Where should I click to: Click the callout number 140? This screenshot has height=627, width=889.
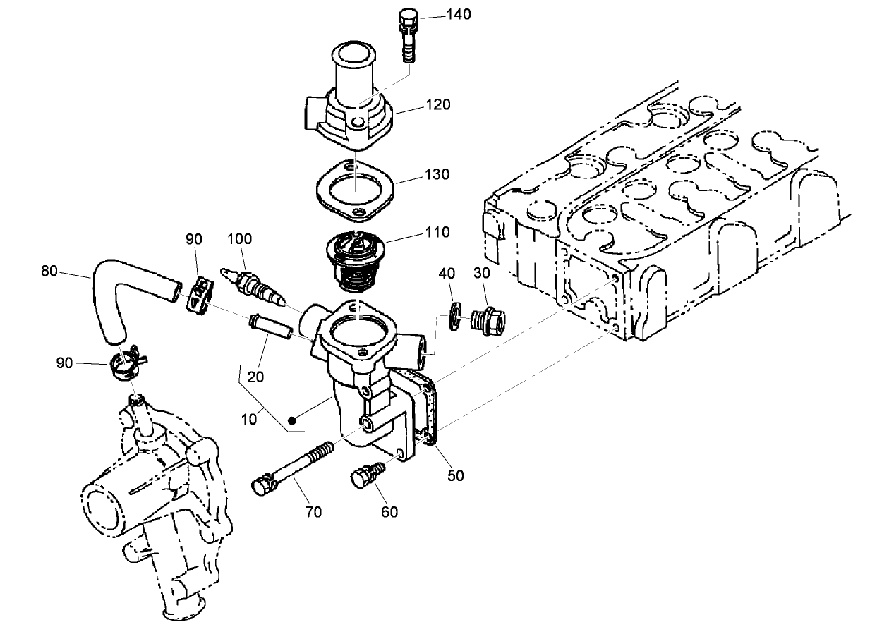tap(459, 14)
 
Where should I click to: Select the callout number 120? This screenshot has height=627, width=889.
tap(437, 104)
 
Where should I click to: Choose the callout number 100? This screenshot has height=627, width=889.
tap(239, 239)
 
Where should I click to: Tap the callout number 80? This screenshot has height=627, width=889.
tap(50, 270)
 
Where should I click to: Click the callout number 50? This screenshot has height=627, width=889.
tap(456, 475)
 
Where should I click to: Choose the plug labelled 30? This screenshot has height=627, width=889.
tap(486, 322)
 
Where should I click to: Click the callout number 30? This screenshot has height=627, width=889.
tap(481, 273)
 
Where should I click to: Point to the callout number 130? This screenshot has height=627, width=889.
tap(437, 174)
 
